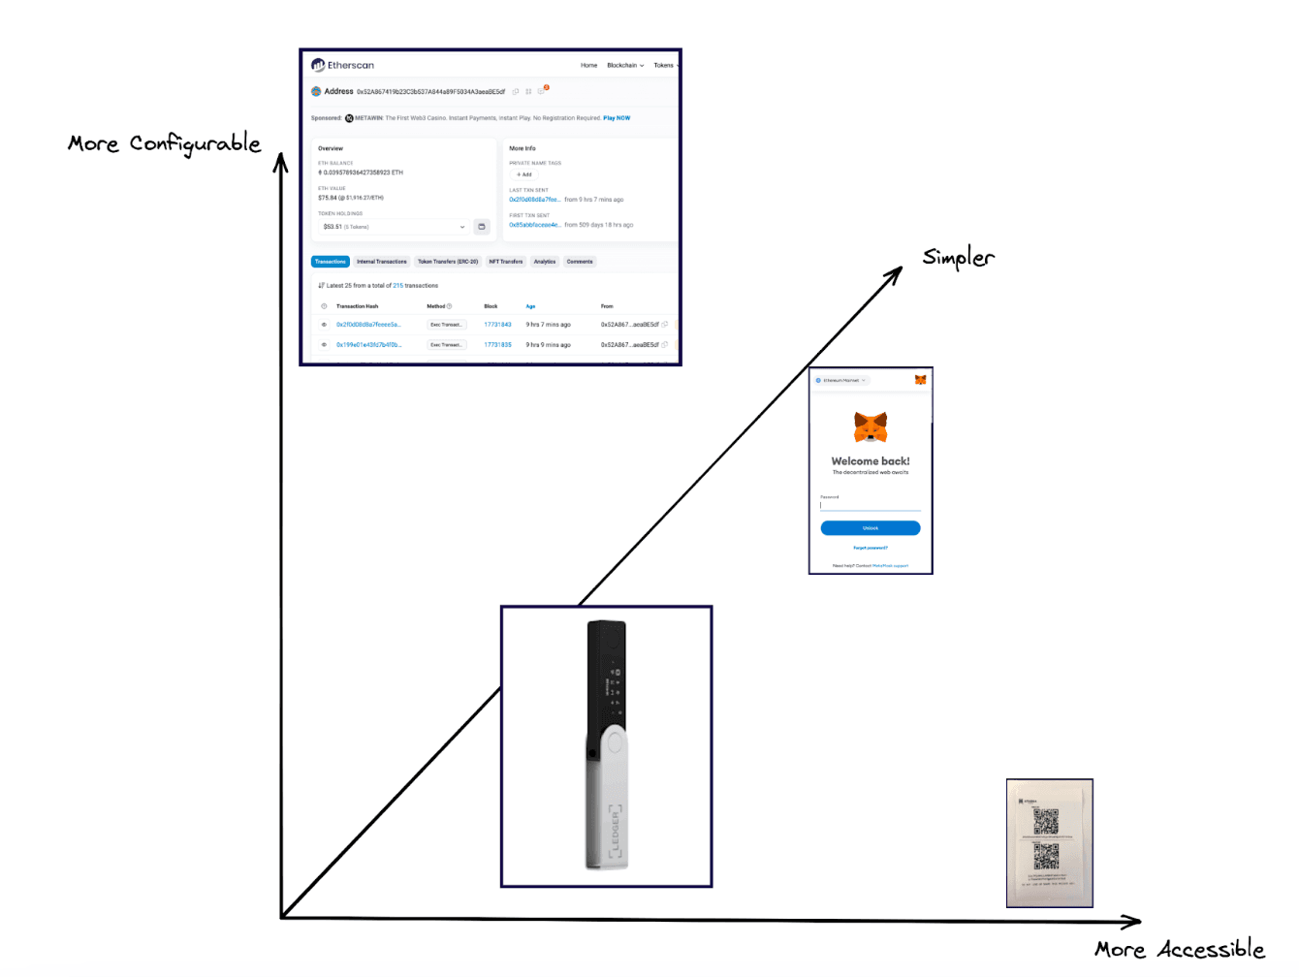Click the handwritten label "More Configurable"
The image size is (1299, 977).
pyautogui.click(x=164, y=143)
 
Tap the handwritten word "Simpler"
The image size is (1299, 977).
pyautogui.click(x=958, y=258)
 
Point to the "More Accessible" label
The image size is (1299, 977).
pyautogui.click(x=1179, y=950)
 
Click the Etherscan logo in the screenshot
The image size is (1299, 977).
pyautogui.click(x=342, y=65)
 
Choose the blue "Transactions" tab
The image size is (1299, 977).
pyautogui.click(x=330, y=262)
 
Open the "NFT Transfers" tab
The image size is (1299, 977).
pyautogui.click(x=505, y=262)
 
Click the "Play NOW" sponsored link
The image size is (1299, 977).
pyautogui.click(x=617, y=118)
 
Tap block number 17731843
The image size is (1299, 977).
pyautogui.click(x=497, y=325)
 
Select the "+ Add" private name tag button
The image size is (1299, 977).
pyautogui.click(x=523, y=174)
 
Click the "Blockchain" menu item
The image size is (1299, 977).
pyautogui.click(x=624, y=66)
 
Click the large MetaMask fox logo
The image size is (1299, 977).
pyautogui.click(x=871, y=426)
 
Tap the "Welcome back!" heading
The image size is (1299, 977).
pyautogui.click(x=871, y=461)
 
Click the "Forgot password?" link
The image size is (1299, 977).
pyautogui.click(x=871, y=548)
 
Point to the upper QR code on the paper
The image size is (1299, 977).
pyautogui.click(x=1045, y=822)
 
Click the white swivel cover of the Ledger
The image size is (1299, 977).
pyautogui.click(x=608, y=795)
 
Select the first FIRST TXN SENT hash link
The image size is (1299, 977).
pyautogui.click(x=534, y=225)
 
